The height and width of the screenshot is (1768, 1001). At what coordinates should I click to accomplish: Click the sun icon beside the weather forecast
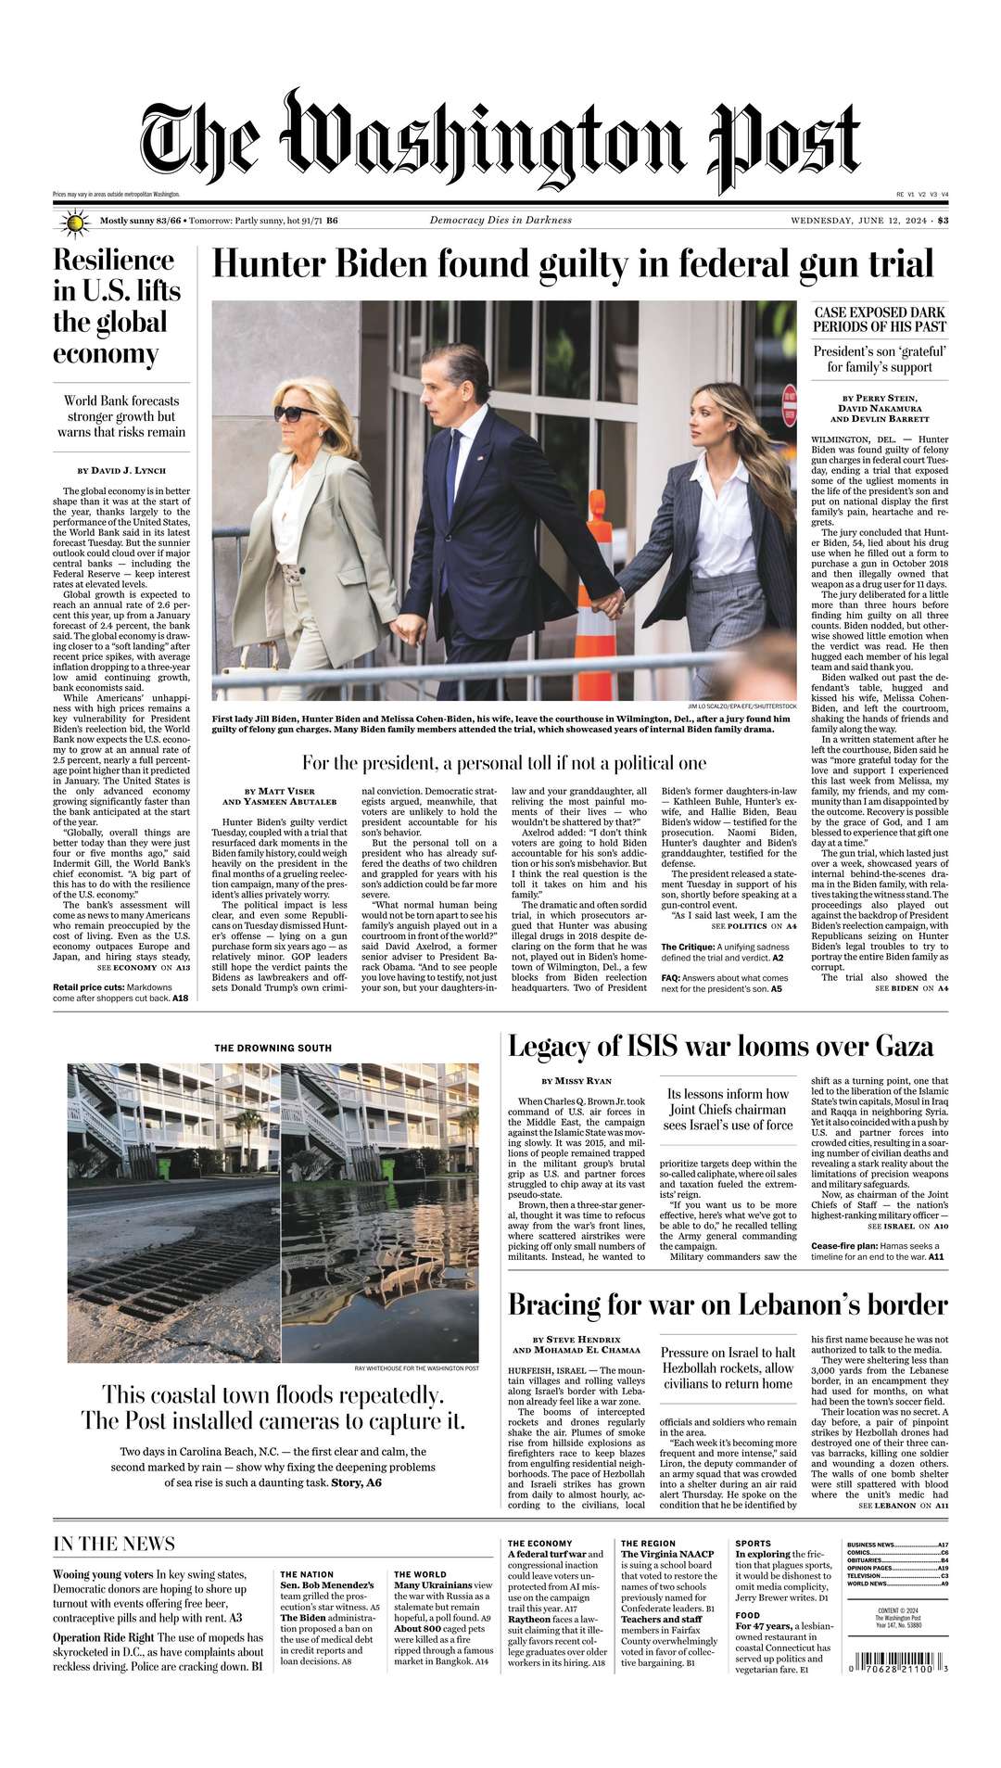point(74,223)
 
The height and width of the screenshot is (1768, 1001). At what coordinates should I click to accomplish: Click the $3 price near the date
point(943,221)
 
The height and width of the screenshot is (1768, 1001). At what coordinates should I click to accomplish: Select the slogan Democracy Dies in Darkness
point(500,221)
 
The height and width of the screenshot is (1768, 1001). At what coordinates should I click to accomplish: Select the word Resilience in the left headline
point(113,260)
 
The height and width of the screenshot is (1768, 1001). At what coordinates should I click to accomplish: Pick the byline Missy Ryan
point(577,1081)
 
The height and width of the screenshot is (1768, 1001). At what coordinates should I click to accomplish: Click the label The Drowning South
point(272,1049)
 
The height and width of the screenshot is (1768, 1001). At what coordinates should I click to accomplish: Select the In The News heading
point(114,1544)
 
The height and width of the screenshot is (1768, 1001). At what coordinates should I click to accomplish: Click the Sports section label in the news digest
point(753,1544)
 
